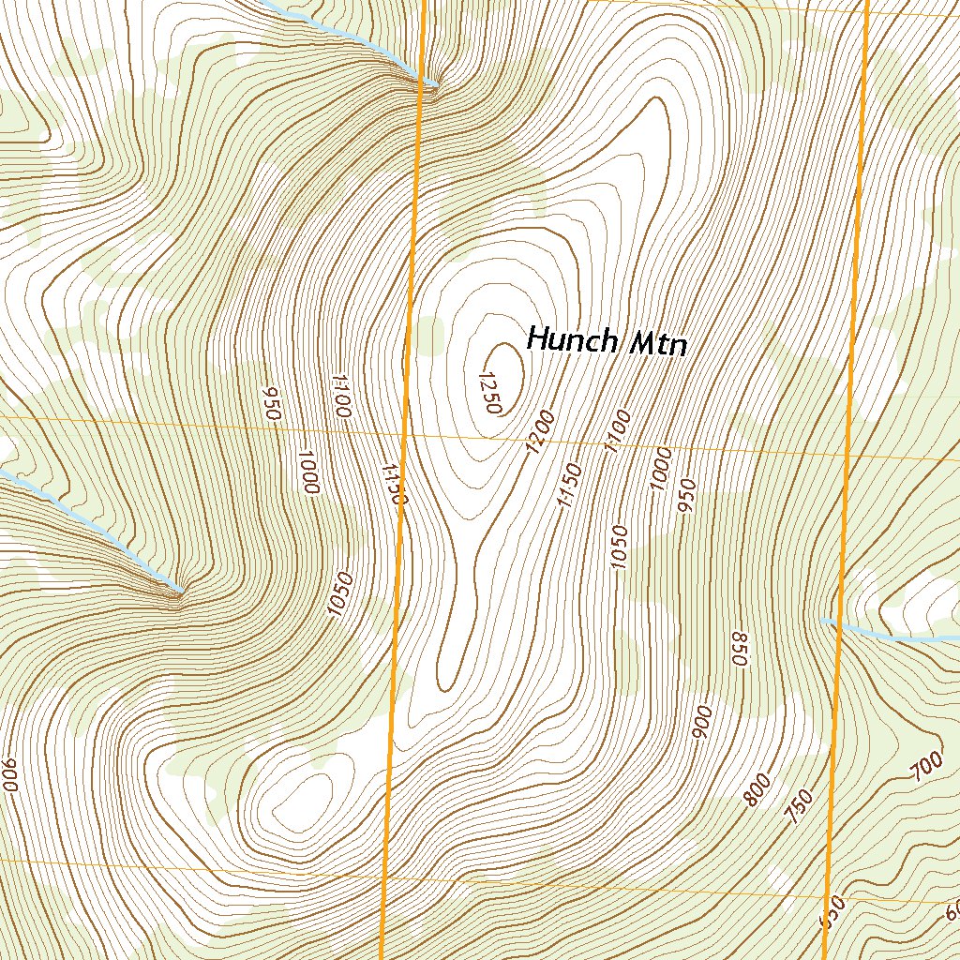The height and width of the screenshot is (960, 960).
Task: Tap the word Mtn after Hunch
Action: pos(658,344)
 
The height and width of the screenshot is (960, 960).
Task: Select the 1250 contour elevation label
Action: pos(490,392)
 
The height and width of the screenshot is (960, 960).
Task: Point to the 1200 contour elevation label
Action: pos(541,433)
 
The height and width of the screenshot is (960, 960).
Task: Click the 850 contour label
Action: pos(739,649)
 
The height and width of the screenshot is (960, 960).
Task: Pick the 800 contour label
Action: pos(757,790)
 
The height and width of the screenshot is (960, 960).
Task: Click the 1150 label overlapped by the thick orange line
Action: pos(394,483)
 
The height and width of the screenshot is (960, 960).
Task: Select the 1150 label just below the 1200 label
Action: pos(569,486)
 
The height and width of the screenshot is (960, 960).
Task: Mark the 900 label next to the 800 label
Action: pos(702,724)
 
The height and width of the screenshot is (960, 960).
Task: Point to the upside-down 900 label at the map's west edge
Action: pos(10,774)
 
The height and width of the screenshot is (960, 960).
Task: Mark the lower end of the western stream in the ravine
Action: pos(179,590)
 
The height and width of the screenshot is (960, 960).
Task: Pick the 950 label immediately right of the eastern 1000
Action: pos(685,496)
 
